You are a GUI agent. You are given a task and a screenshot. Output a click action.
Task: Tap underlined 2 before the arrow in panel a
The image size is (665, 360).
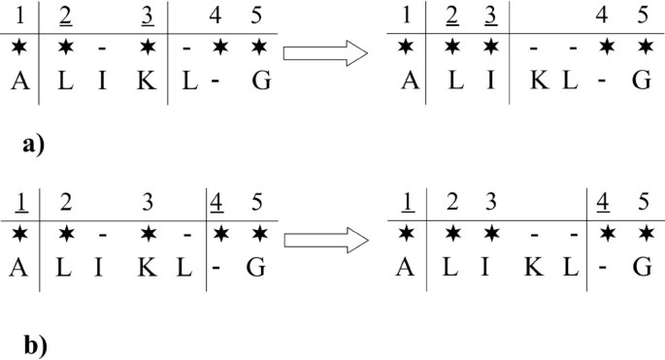coord(65,16)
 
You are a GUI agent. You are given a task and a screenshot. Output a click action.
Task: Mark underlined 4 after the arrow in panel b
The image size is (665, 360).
coord(603,206)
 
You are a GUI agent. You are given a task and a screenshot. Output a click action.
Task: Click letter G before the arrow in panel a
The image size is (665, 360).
coord(258,82)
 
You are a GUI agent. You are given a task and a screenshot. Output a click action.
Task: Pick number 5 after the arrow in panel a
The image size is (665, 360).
coord(641,16)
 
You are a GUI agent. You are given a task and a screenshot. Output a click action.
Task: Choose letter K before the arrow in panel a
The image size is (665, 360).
coord(146,82)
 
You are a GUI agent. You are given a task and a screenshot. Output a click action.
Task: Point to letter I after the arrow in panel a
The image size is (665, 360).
coord(491,82)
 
